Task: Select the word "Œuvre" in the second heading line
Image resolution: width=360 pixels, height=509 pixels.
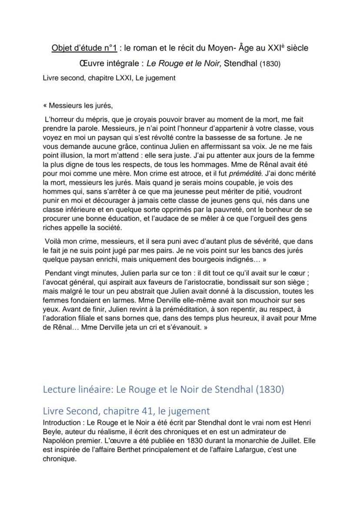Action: click(x=87, y=63)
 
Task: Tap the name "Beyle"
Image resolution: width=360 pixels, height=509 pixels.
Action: click(x=53, y=431)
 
